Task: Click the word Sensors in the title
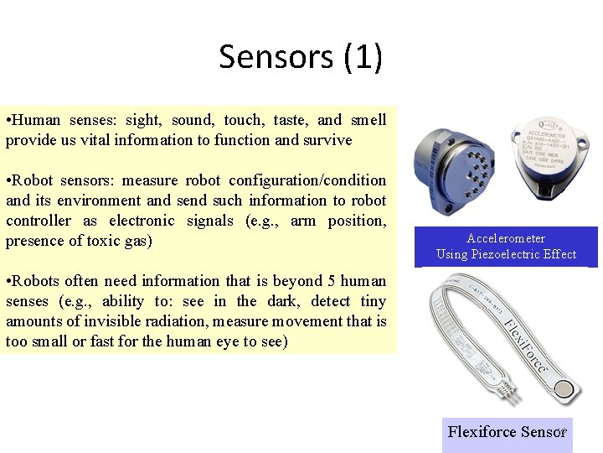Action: pos(276,57)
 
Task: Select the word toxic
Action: pos(96,242)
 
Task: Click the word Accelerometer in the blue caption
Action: pos(506,239)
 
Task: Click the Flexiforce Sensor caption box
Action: pos(507,433)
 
